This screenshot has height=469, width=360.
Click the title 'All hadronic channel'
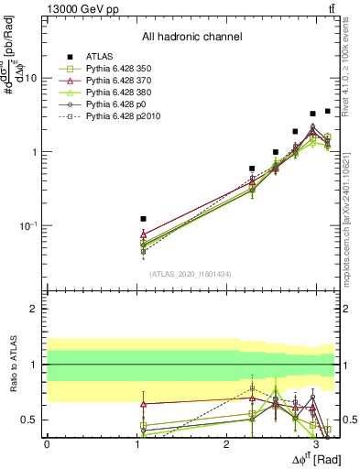(x=191, y=38)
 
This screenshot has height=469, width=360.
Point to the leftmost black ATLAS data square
(x=143, y=219)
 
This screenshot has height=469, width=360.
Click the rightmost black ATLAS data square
(x=327, y=111)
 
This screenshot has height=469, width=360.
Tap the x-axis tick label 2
(x=227, y=444)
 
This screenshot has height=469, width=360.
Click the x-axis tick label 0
(x=47, y=444)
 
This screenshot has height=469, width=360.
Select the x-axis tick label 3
(x=317, y=444)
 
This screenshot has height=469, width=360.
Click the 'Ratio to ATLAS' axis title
(x=12, y=364)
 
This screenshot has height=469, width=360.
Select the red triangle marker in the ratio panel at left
(x=143, y=403)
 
